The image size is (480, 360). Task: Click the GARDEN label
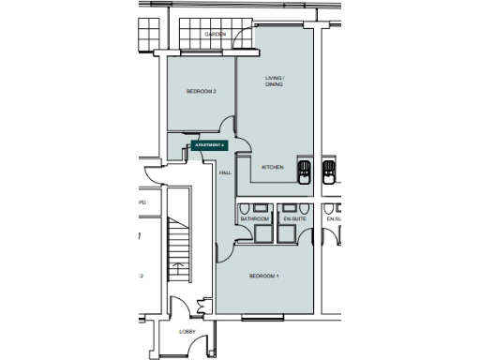coord(216,35)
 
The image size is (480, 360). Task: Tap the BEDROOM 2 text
coord(202,91)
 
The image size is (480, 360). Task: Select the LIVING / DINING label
coord(274,81)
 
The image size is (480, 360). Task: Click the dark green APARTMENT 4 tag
coord(209,145)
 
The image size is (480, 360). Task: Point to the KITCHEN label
coord(273,167)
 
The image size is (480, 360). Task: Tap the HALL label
coord(225,173)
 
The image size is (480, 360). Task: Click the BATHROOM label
coord(254,218)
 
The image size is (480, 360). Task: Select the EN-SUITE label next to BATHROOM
coord(294,218)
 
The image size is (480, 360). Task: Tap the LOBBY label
coord(187,332)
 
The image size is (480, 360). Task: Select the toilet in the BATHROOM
coord(243,208)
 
